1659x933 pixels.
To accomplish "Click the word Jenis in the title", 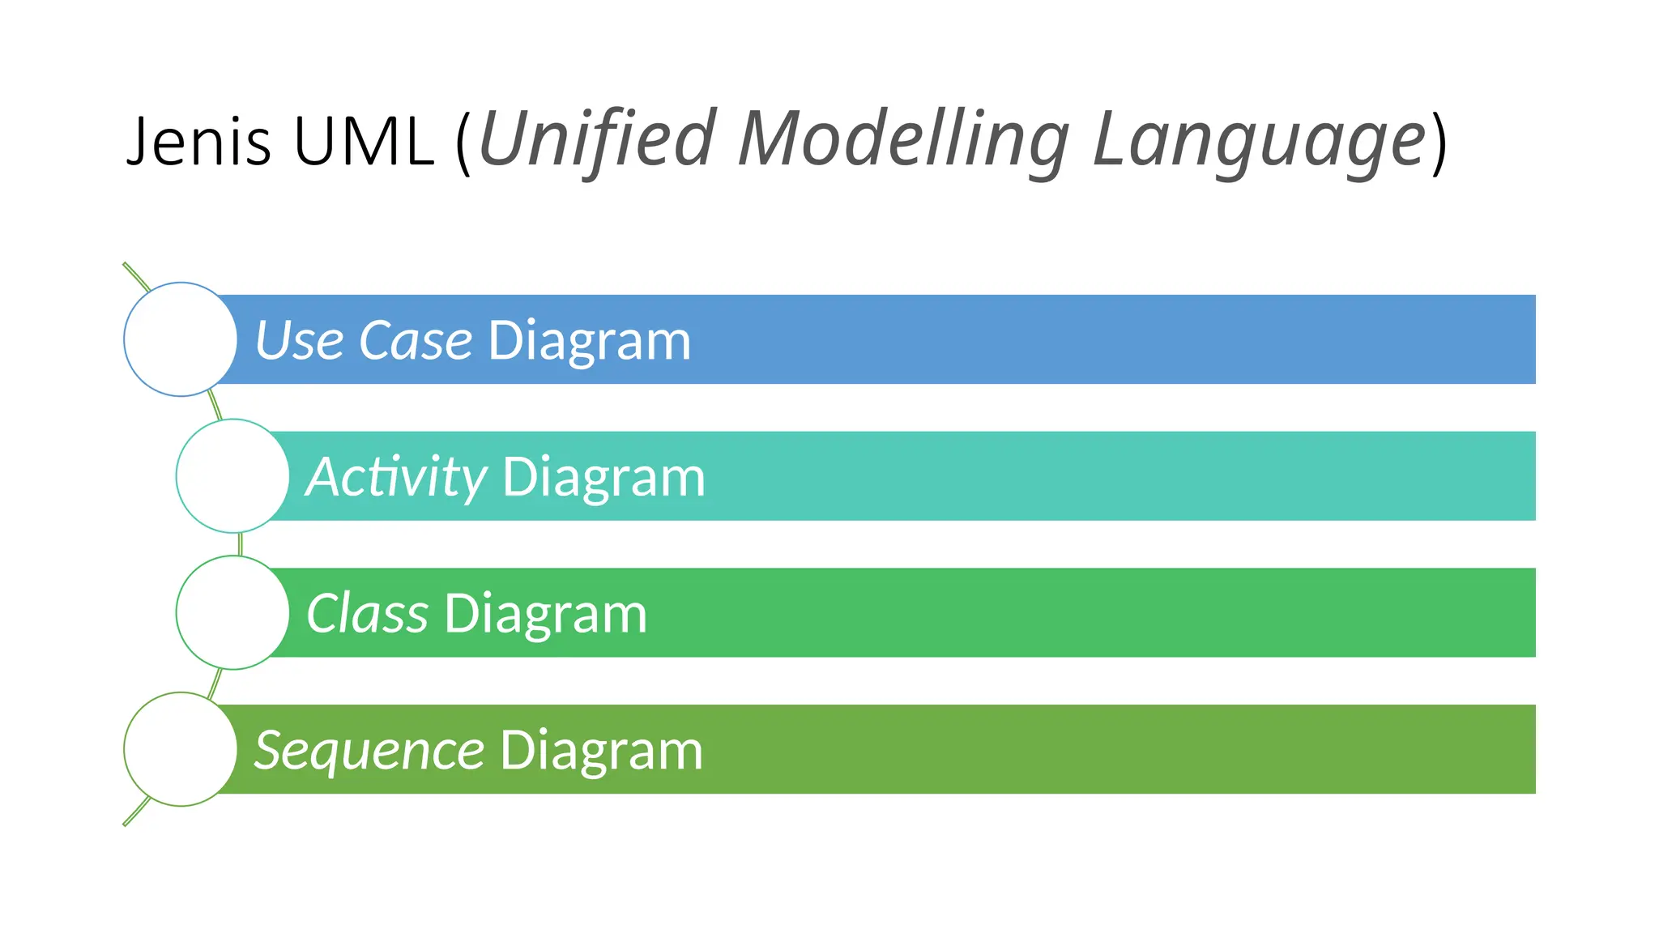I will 198,142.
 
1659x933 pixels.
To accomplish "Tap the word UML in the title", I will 364,142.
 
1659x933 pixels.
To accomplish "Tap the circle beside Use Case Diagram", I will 181,339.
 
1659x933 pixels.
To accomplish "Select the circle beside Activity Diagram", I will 232,476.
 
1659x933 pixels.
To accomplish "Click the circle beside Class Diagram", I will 232,612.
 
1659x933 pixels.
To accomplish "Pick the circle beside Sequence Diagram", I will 181,749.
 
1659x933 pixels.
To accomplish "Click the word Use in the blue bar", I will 299,340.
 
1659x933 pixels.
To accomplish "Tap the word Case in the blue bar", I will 416,340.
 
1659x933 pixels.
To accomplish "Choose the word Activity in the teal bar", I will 396,477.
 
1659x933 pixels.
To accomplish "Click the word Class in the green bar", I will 367,613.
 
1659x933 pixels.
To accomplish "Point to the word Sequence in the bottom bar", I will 369,751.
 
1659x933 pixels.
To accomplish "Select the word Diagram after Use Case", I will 589,341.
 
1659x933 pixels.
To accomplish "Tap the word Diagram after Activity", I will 603,477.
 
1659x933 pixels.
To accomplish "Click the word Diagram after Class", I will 545,614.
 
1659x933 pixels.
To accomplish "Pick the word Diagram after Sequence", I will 601,751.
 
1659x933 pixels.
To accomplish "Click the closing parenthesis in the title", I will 1439,142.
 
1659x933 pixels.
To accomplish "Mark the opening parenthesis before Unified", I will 463,142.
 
